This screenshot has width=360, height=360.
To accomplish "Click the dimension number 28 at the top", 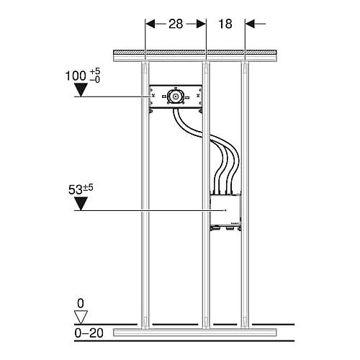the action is point(176,24).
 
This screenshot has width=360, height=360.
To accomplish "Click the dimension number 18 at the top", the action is point(225,24).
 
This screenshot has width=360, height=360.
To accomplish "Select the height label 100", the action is point(76,76).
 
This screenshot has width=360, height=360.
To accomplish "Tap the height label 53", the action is point(76,189).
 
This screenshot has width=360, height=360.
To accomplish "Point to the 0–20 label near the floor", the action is point(89,333).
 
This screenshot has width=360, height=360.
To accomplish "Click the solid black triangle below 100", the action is point(81,90).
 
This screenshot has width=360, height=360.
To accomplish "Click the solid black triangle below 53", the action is point(81,204).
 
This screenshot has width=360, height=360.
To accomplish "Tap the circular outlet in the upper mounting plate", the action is point(176,97).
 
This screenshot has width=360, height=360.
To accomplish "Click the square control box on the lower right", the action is point(225,210).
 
